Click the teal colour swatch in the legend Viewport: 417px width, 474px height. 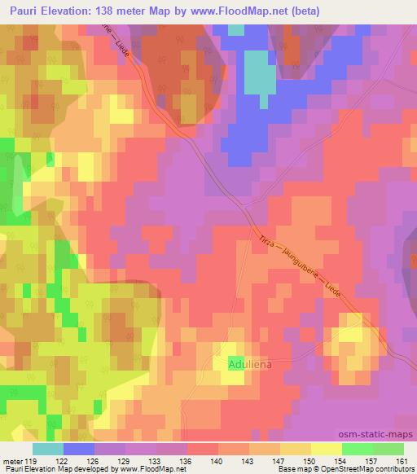[47, 449]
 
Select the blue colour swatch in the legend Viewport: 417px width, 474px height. [78, 449]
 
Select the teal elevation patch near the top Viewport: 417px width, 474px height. [260, 72]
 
